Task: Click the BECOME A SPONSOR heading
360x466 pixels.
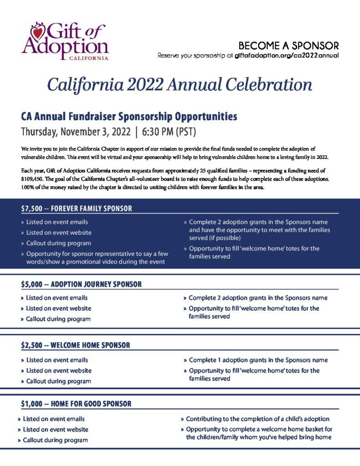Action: [289, 46]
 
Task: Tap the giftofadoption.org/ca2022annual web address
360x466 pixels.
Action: [287, 56]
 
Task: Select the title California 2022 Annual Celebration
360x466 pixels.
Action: [180, 85]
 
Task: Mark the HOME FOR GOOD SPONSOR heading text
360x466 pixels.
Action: [91, 404]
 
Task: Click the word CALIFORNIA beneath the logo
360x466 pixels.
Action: [88, 58]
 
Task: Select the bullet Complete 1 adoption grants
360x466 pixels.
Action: [258, 360]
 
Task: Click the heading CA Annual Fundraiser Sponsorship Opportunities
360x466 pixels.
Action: [129, 116]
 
